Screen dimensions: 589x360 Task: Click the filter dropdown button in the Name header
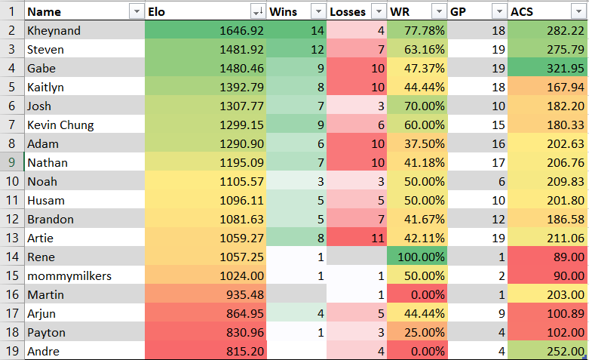[x=137, y=11]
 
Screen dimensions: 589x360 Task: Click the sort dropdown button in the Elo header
[x=258, y=11]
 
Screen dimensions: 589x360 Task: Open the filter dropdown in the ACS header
[x=578, y=11]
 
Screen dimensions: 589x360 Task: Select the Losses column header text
[x=348, y=11]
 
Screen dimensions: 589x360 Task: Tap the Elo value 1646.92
[x=241, y=30]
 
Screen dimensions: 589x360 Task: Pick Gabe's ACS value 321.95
[x=566, y=69]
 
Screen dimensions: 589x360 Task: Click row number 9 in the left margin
[x=12, y=162]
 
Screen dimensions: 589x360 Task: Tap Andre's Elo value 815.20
[x=245, y=352]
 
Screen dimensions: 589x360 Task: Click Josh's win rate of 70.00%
[x=424, y=106]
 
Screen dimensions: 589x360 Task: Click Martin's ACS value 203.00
[x=566, y=294]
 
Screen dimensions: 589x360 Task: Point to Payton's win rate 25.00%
[x=424, y=333]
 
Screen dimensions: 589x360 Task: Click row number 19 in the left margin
[x=12, y=351]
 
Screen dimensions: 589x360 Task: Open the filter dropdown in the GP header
[x=499, y=11]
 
